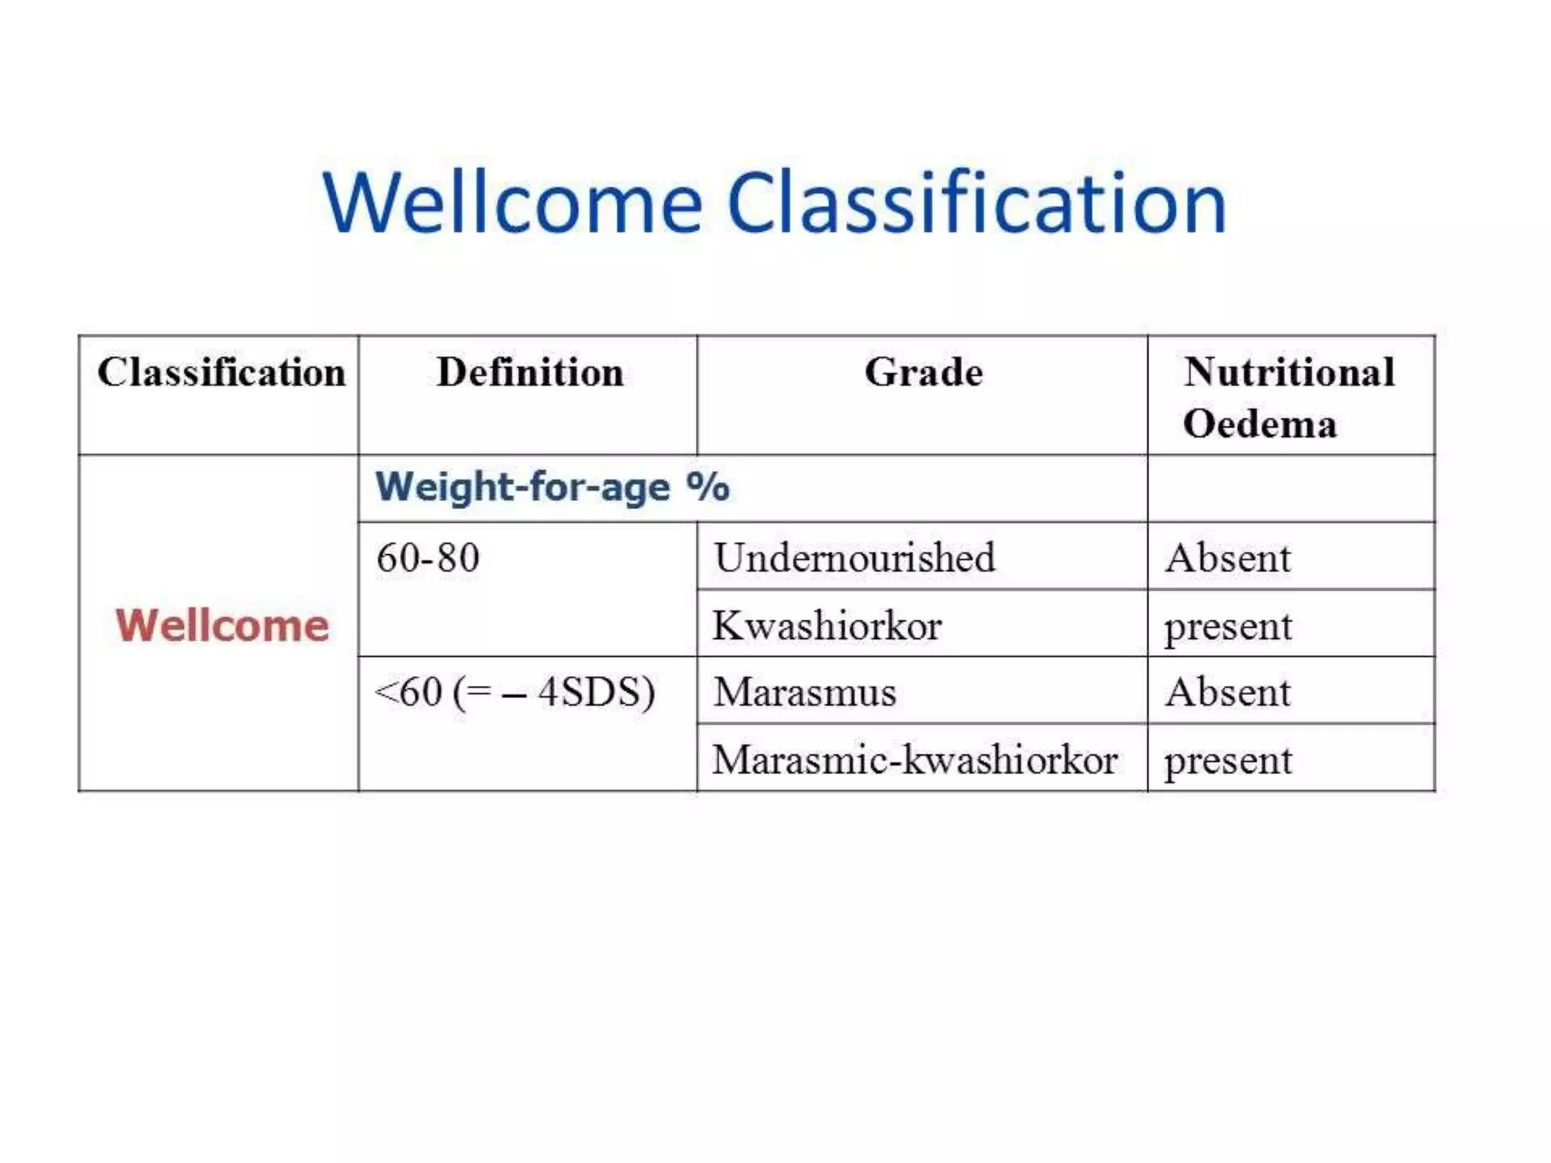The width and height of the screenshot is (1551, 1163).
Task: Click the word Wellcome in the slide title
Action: coord(513,203)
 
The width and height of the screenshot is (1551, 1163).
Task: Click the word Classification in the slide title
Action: coord(976,203)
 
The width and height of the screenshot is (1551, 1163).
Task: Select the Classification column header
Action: coord(221,373)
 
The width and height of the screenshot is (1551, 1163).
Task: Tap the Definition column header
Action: coord(530,373)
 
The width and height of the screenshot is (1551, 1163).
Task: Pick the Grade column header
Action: coord(923,373)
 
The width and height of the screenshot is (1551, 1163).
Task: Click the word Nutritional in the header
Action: coord(1289,373)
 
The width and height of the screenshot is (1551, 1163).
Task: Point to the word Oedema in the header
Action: coord(1260,423)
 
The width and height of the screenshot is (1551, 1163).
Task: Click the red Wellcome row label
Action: coord(222,626)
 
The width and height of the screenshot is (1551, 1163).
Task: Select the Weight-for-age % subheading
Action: coord(552,486)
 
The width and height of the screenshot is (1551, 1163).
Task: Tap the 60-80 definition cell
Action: coord(428,558)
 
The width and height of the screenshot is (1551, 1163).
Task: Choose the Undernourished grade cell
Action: coord(854,558)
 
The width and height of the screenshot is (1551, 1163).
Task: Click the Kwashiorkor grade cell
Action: coord(827,626)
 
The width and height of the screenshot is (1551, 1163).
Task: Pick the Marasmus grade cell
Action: coord(805,692)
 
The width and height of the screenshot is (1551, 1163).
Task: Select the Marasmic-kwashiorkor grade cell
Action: coord(915,759)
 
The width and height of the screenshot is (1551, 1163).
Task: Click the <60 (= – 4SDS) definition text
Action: coord(515,692)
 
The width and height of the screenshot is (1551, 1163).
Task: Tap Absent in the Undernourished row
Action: coord(1228,558)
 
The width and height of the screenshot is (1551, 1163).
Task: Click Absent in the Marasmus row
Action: coord(1228,692)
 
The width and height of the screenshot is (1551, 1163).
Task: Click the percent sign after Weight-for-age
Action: coord(708,486)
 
